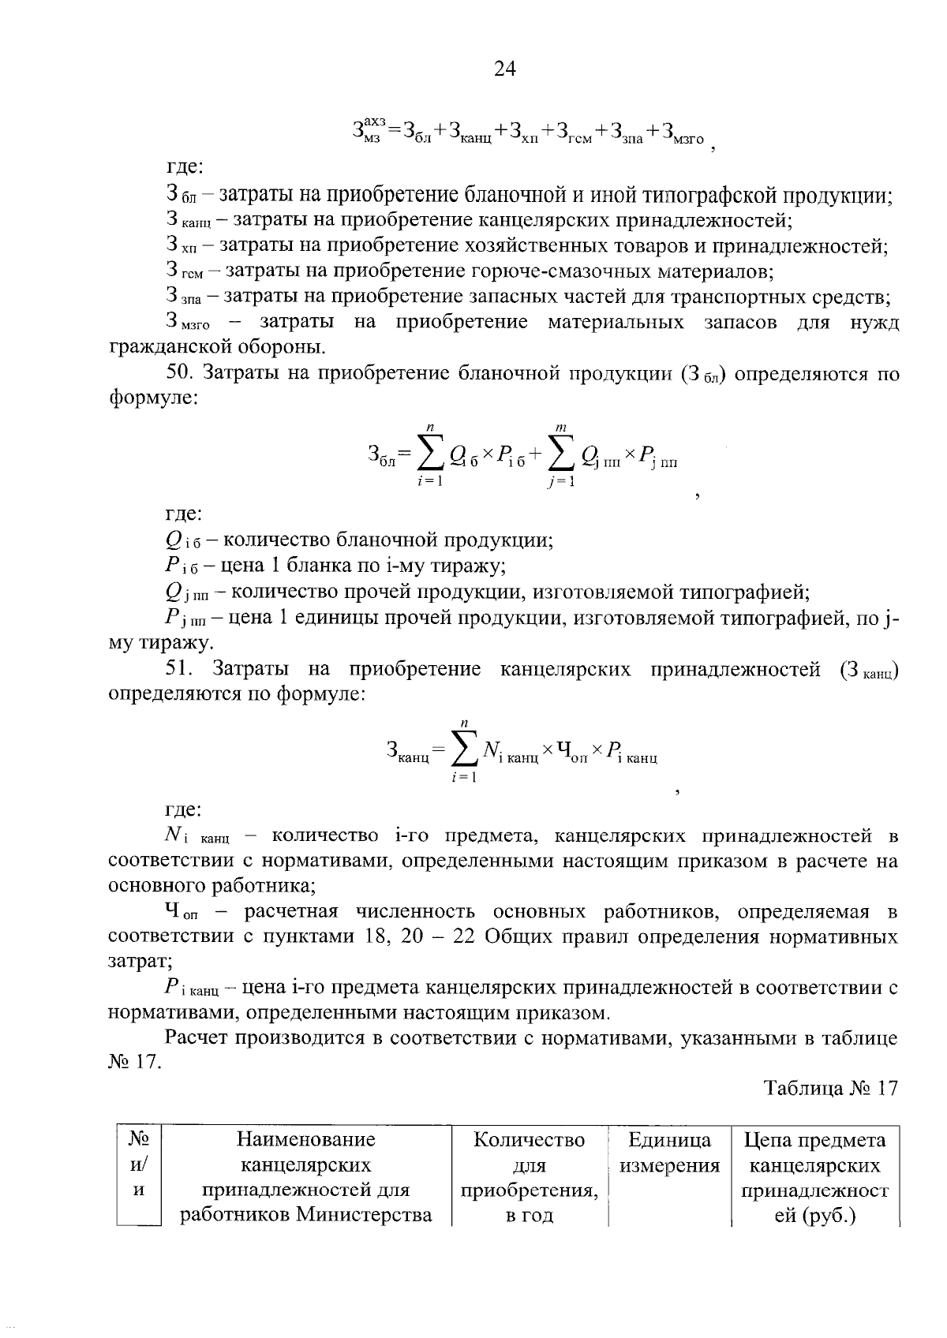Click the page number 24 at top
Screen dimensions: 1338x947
(504, 69)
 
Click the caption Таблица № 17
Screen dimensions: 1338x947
(830, 1088)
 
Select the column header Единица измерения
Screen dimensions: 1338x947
(669, 1153)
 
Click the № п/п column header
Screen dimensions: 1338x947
(139, 1164)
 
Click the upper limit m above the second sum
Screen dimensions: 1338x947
(560, 427)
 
